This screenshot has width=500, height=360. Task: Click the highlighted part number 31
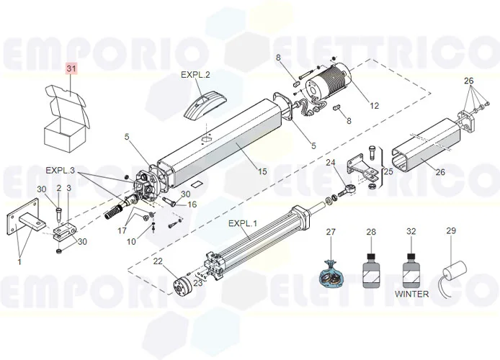click(x=71, y=68)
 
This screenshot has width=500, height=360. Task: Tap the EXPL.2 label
click(x=195, y=74)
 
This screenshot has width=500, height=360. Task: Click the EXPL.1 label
click(x=242, y=224)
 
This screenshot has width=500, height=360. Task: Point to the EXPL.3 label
click(x=60, y=171)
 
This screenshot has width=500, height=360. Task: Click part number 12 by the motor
click(x=374, y=106)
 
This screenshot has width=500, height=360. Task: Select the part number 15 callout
click(x=262, y=171)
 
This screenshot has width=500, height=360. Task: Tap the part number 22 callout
click(x=158, y=261)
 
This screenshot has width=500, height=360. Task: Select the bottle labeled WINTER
click(x=411, y=271)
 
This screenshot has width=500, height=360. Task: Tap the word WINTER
click(x=411, y=294)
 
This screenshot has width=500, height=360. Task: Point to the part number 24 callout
click(x=331, y=163)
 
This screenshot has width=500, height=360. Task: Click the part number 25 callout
click(x=388, y=171)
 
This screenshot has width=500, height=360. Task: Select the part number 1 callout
click(x=19, y=261)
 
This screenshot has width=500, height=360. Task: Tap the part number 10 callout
click(x=131, y=241)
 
